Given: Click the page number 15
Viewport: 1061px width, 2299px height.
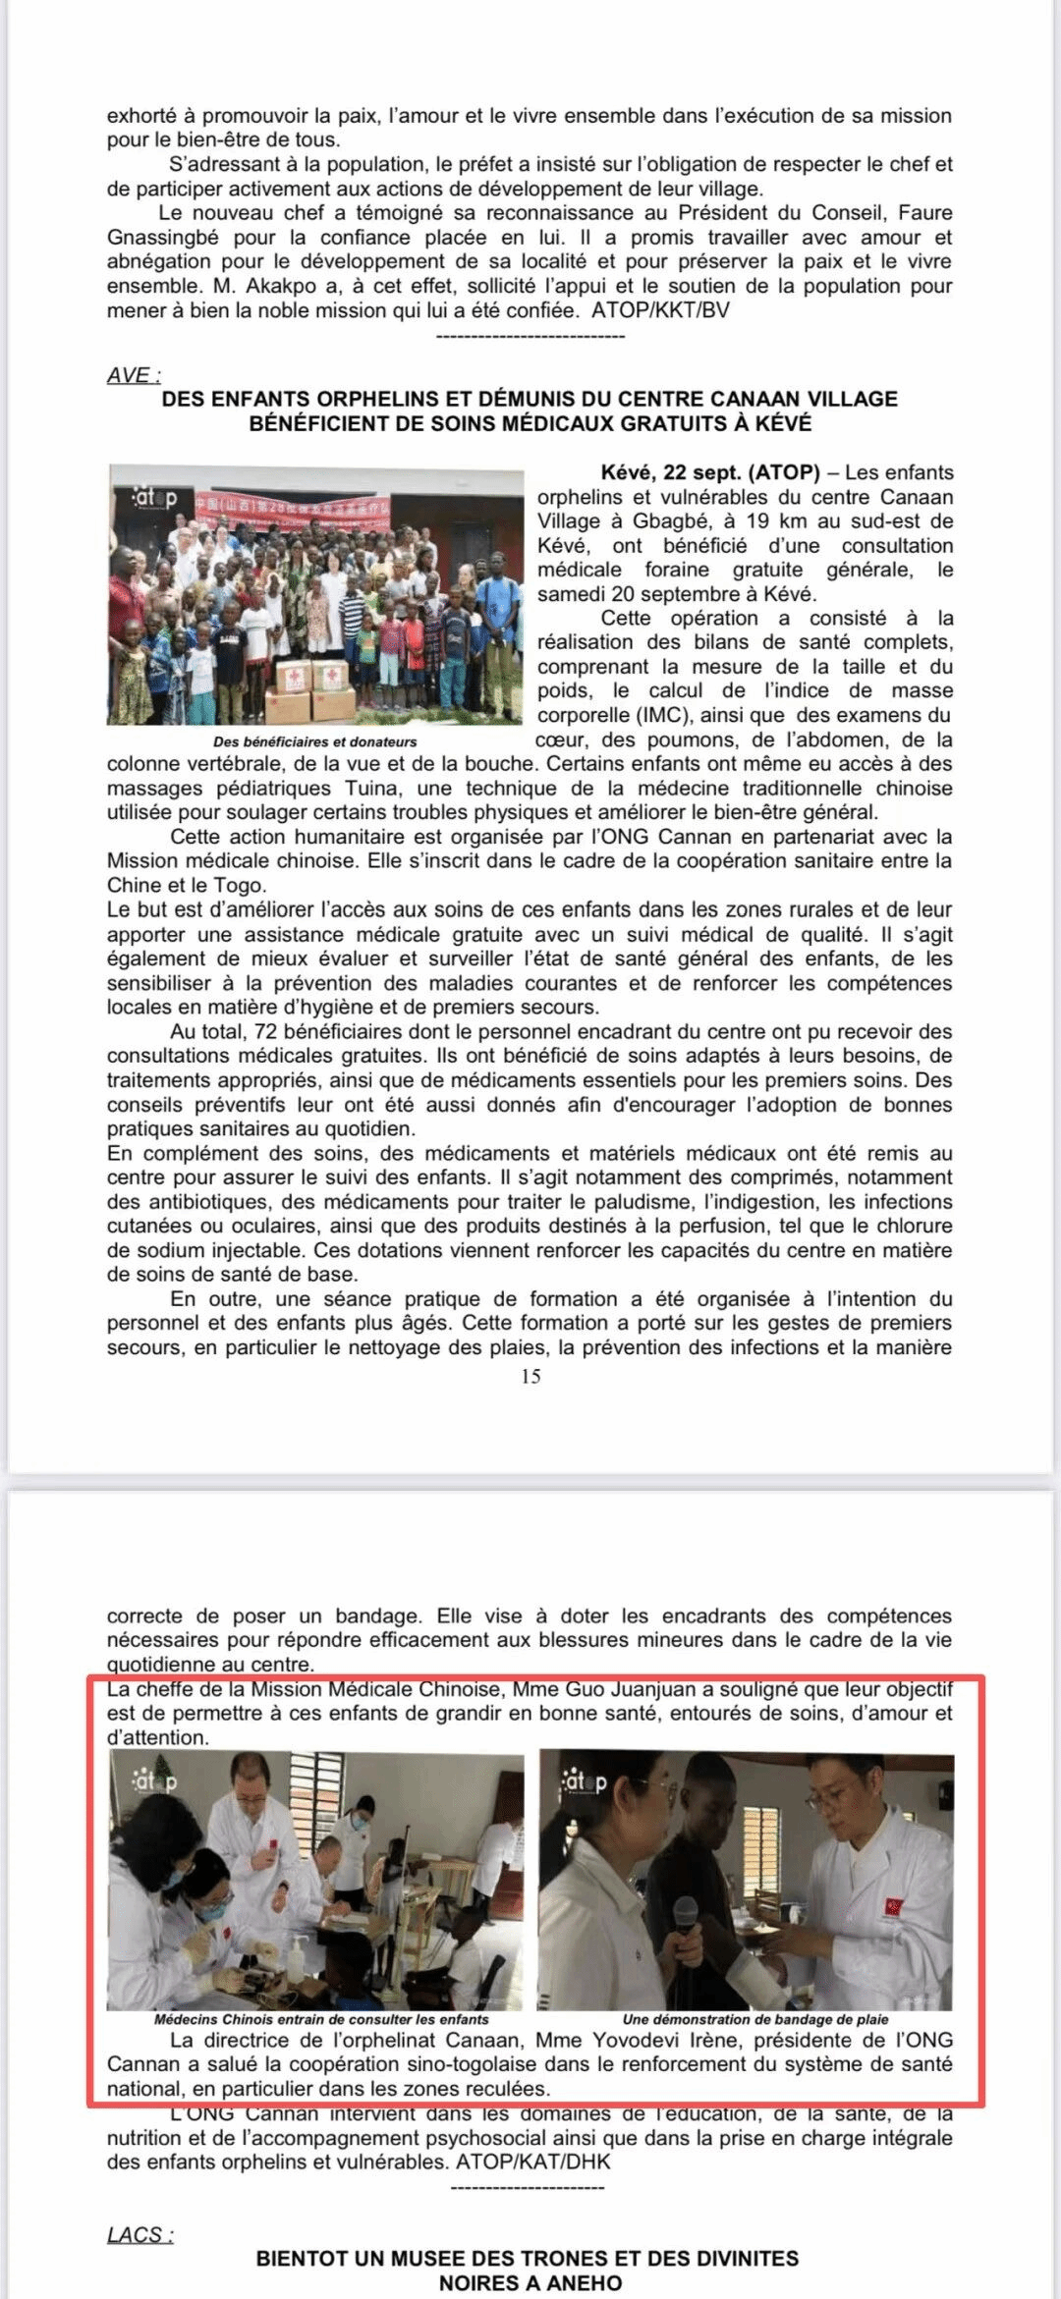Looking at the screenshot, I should point(530,1376).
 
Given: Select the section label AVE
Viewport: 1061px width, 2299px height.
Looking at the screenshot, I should point(133,375).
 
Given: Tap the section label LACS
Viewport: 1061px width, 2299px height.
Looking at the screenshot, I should point(139,2234).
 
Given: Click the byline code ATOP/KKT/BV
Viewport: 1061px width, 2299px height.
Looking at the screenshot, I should point(660,310).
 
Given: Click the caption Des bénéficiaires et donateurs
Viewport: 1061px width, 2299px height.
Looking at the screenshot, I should point(314,741).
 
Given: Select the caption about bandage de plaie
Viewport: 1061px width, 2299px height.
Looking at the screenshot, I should point(754,2019).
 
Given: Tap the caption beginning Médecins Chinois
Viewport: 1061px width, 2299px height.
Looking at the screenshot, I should point(321,2019).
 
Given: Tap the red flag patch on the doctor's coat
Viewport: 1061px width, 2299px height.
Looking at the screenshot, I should point(894,1906).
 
